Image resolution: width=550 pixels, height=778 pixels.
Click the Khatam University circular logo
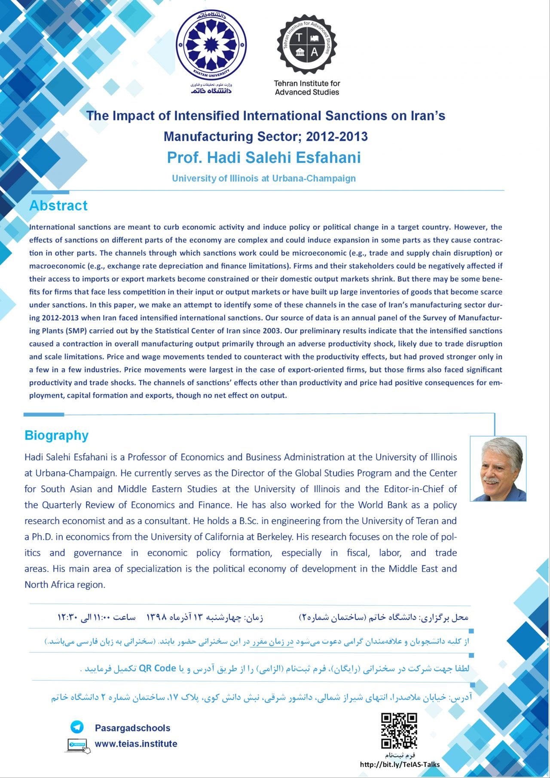click(x=211, y=45)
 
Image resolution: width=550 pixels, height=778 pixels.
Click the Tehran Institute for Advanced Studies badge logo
click(x=307, y=44)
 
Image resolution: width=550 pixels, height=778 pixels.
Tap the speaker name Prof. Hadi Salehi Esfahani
click(x=264, y=158)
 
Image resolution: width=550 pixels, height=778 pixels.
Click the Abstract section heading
click(x=58, y=206)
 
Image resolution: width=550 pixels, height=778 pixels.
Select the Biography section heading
click(x=57, y=435)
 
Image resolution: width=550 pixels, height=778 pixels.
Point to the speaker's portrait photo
click(x=498, y=469)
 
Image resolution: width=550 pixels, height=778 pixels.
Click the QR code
click(x=399, y=730)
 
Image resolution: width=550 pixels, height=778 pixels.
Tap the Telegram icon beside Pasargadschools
click(x=77, y=727)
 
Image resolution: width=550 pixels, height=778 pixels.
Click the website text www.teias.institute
click(x=136, y=744)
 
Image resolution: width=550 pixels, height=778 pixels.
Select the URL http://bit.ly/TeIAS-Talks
click(x=400, y=764)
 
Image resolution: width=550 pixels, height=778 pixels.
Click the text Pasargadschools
click(x=132, y=728)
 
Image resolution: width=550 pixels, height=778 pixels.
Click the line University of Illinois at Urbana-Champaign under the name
click(x=264, y=178)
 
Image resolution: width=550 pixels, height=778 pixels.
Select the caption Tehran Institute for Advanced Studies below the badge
click(x=307, y=88)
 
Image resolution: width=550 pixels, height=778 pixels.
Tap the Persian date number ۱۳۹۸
click(x=156, y=617)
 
